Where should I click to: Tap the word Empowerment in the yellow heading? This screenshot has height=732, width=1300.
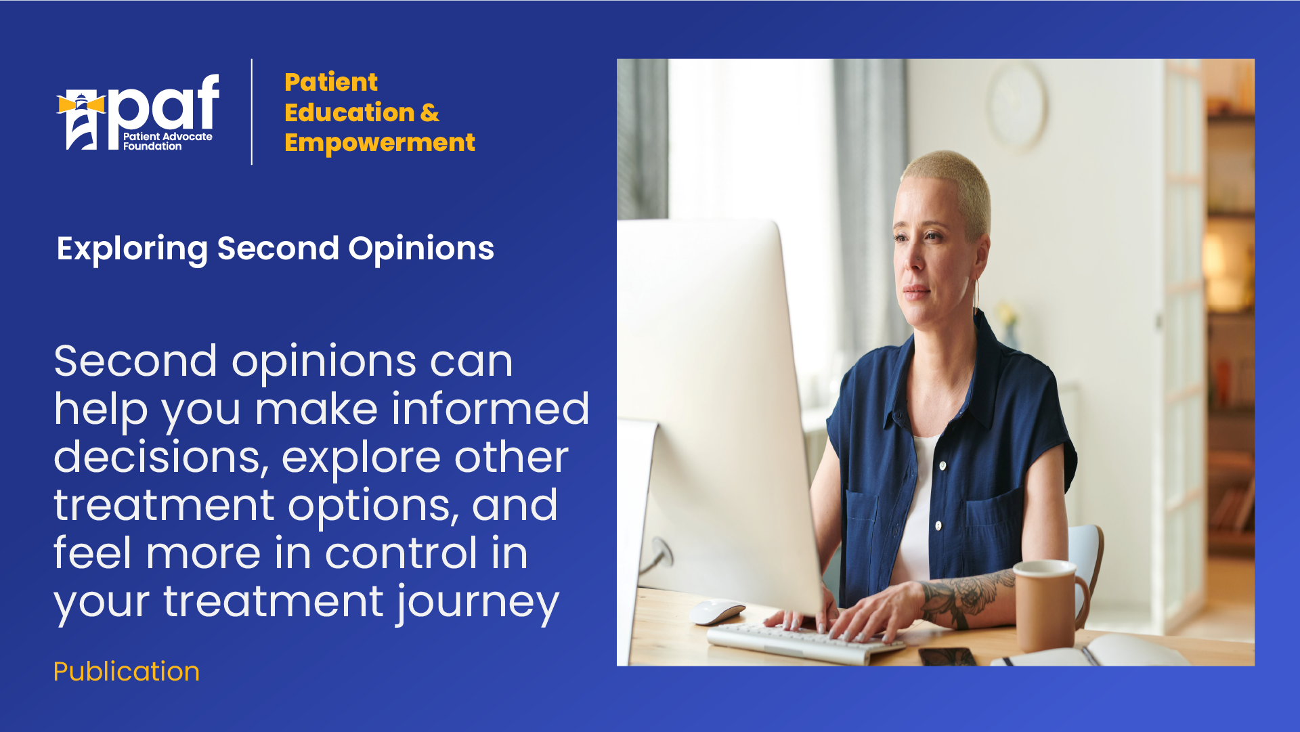point(380,144)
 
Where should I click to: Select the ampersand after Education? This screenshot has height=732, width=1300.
point(430,112)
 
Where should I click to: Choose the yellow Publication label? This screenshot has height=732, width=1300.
point(127,672)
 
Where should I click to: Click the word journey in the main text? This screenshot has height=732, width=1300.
point(478,603)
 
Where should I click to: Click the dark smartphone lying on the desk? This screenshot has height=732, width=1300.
point(947,656)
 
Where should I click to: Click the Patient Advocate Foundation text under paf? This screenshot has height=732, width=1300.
point(167,141)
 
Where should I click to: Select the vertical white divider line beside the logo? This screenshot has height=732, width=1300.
point(252,112)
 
